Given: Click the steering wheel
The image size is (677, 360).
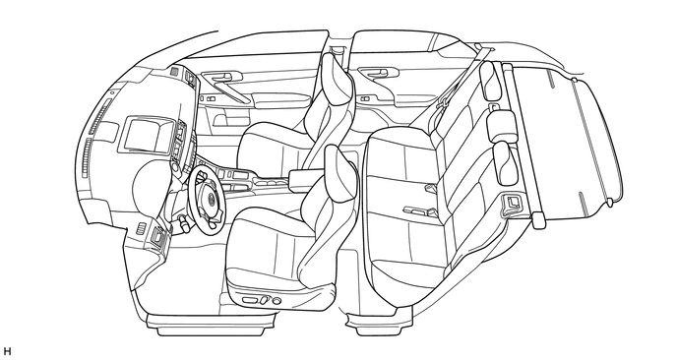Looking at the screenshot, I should click(x=209, y=196).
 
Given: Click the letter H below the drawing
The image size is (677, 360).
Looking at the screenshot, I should click(x=8, y=350).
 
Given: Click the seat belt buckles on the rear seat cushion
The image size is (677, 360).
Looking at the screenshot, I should click(x=418, y=210).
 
